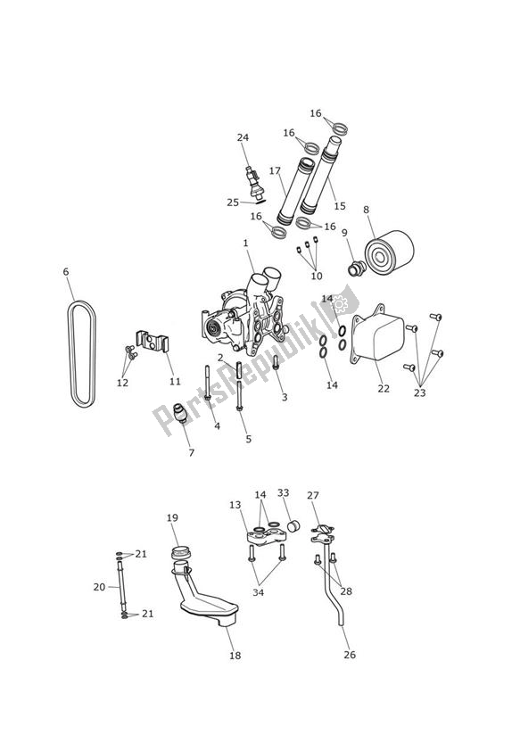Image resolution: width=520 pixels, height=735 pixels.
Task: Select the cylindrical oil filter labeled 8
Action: pos(389,254)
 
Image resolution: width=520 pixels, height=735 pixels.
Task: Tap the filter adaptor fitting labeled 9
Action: pos(354,268)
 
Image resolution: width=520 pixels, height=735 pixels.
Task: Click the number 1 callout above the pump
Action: pos(245,243)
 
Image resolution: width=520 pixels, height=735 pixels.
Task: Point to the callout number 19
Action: pos(172,517)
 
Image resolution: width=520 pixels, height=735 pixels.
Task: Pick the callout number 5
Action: pos(248,438)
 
